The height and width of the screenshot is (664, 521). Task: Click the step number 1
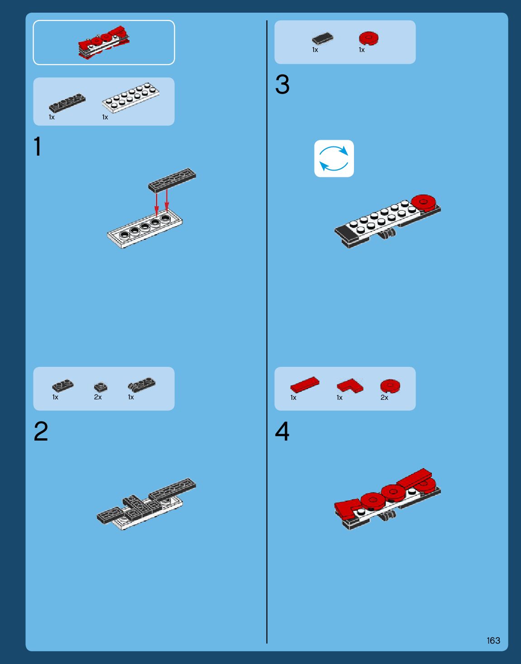[38, 147]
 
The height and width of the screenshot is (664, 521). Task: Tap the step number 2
[41, 431]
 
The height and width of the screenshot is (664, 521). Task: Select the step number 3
[282, 84]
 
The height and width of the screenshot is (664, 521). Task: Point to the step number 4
[282, 431]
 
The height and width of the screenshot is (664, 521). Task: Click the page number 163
[493, 640]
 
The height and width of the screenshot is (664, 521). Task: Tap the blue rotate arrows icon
[334, 159]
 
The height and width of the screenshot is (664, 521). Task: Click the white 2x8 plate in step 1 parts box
[130, 98]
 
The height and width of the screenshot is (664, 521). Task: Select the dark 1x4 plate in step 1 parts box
[67, 103]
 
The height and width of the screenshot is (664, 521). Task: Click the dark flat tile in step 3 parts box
[323, 38]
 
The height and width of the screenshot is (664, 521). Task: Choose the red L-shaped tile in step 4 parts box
[350, 386]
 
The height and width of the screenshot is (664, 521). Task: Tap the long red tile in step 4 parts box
[305, 385]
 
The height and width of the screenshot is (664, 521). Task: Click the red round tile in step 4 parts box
[390, 386]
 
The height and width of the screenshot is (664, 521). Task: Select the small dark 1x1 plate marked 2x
[100, 387]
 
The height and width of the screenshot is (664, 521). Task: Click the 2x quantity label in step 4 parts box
[384, 398]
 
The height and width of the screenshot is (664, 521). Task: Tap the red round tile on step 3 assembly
[424, 203]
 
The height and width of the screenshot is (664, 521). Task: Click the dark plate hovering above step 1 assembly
[172, 180]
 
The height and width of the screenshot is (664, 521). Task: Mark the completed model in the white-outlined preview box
[104, 42]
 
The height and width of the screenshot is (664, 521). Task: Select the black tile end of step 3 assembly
[345, 233]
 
